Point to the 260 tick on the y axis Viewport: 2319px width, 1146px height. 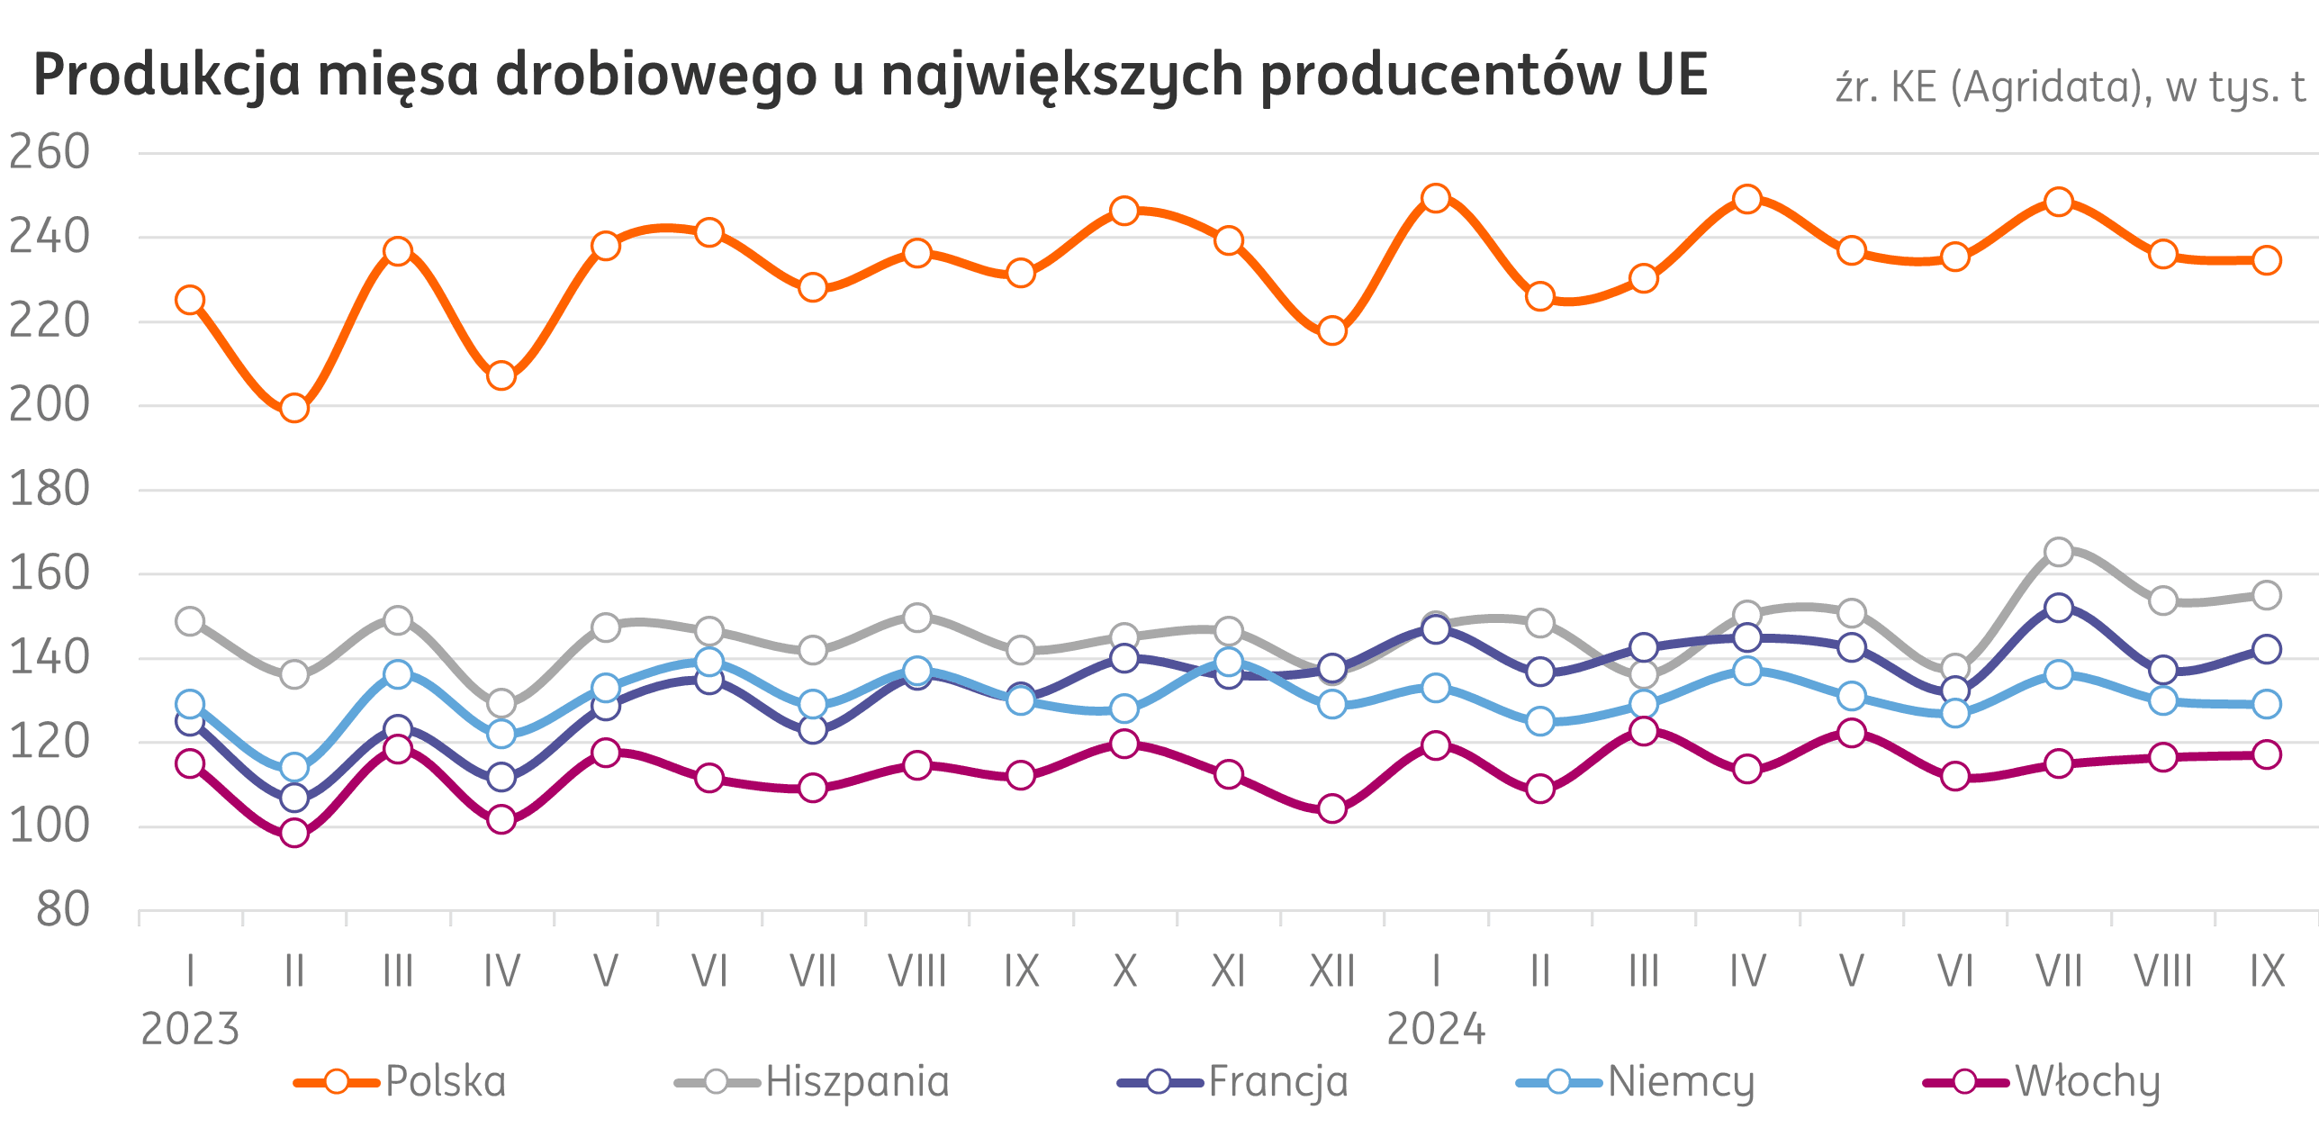[50, 152]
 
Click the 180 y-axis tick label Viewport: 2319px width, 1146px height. [50, 490]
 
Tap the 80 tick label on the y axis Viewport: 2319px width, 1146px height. [63, 910]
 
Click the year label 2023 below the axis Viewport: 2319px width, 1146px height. [190, 1029]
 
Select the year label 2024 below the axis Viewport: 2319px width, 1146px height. [1436, 1029]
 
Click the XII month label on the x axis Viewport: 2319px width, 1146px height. [1332, 971]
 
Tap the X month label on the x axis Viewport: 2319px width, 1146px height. [1124, 971]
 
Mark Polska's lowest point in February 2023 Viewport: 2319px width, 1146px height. [294, 409]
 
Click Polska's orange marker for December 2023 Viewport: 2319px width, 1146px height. [1332, 331]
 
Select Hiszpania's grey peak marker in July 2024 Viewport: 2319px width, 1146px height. [2059, 551]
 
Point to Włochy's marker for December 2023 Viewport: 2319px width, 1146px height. [1332, 808]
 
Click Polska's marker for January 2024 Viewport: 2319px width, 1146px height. [1436, 198]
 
